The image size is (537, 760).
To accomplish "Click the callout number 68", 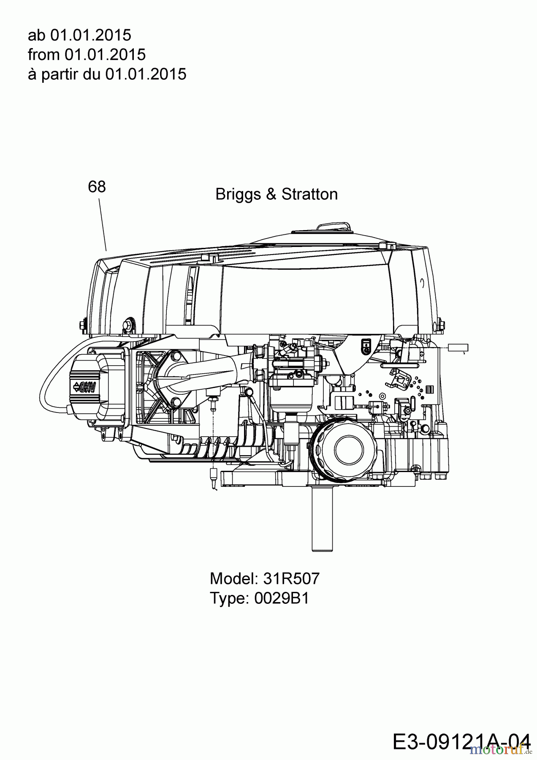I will [97, 186].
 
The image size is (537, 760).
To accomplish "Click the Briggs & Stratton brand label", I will [277, 194].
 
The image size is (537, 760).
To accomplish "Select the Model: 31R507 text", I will [265, 578].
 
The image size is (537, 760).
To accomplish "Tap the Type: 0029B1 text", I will [259, 598].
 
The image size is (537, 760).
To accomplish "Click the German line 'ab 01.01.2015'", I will [79, 35].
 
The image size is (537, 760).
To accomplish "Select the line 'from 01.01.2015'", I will [87, 54].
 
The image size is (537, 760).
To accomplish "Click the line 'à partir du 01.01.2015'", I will [107, 74].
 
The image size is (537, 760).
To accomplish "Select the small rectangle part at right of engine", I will [458, 348].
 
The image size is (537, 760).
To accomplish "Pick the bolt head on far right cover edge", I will [441, 324].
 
